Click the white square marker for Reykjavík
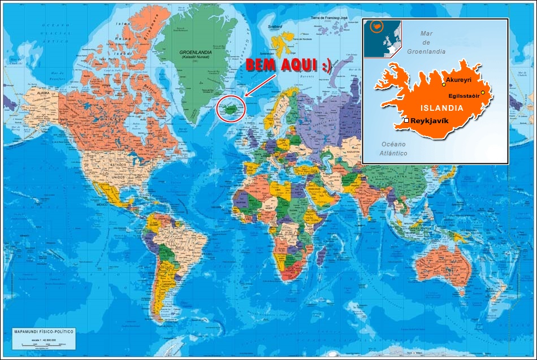406,120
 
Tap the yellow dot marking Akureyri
444,85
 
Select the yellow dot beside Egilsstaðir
483,92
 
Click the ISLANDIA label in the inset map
441,107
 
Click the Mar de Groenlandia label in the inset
426,42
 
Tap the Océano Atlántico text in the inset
395,149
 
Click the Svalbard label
275,27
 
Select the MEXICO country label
102,204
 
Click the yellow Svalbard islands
279,40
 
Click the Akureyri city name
458,80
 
